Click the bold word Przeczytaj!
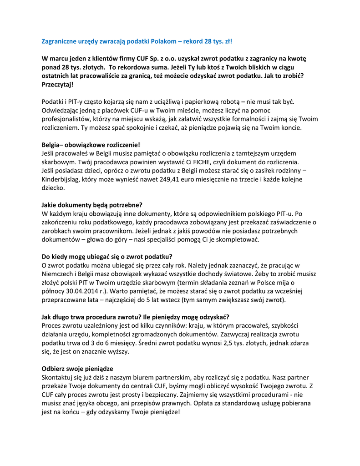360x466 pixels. point(57,85)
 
